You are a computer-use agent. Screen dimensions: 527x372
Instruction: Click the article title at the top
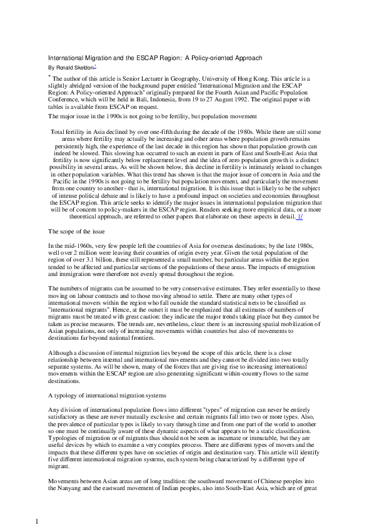pos(156,58)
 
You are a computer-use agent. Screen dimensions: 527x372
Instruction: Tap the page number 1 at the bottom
pos(37,521)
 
